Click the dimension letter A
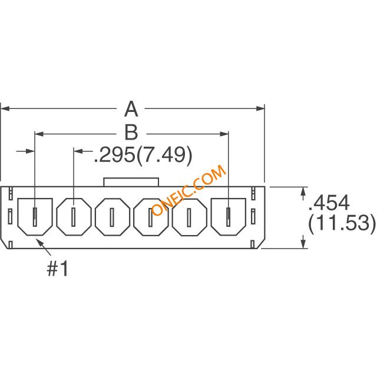tap(131, 109)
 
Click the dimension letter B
tap(131, 132)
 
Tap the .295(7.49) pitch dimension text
tap(143, 156)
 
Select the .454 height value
tap(329, 203)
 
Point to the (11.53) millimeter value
tap(342, 223)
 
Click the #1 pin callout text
tap(58, 269)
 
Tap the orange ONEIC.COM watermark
tap(189, 190)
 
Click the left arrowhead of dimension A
tap(5, 109)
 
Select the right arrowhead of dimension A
tap(260, 109)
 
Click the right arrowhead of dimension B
tap(224, 134)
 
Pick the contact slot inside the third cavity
tap(112, 217)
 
